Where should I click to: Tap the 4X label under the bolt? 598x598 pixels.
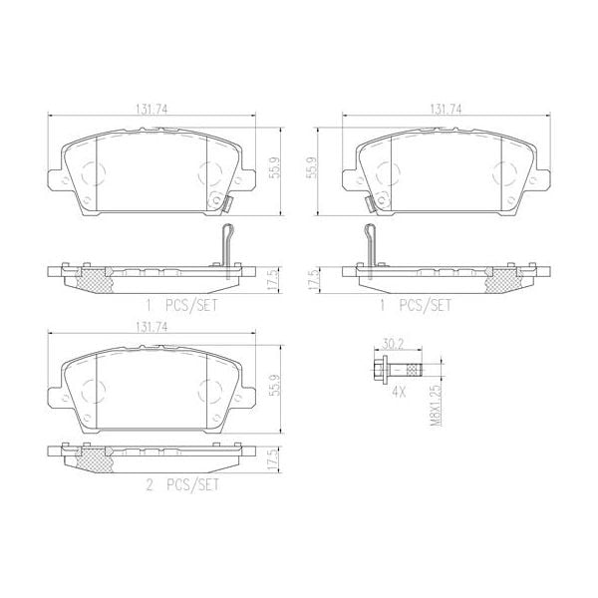pos(398,393)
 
